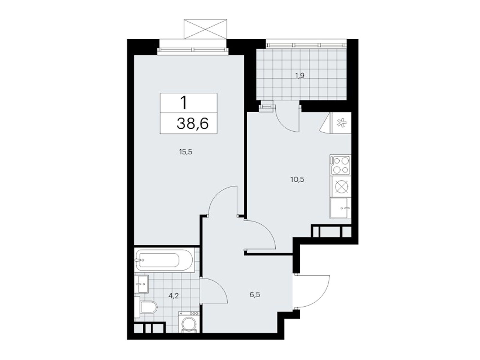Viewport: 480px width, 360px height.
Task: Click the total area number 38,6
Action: tap(192, 123)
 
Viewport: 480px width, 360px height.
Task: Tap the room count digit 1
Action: tap(184, 103)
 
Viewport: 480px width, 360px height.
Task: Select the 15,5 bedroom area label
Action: tap(185, 152)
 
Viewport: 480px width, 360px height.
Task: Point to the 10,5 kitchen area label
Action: tap(297, 180)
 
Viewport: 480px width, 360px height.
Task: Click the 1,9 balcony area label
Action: tap(299, 76)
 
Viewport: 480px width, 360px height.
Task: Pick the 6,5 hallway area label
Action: tap(255, 295)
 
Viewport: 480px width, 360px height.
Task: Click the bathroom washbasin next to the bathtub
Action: tap(141, 284)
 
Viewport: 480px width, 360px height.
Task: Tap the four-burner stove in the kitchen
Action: tap(340, 165)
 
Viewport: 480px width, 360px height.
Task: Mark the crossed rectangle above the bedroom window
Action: tap(205, 29)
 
